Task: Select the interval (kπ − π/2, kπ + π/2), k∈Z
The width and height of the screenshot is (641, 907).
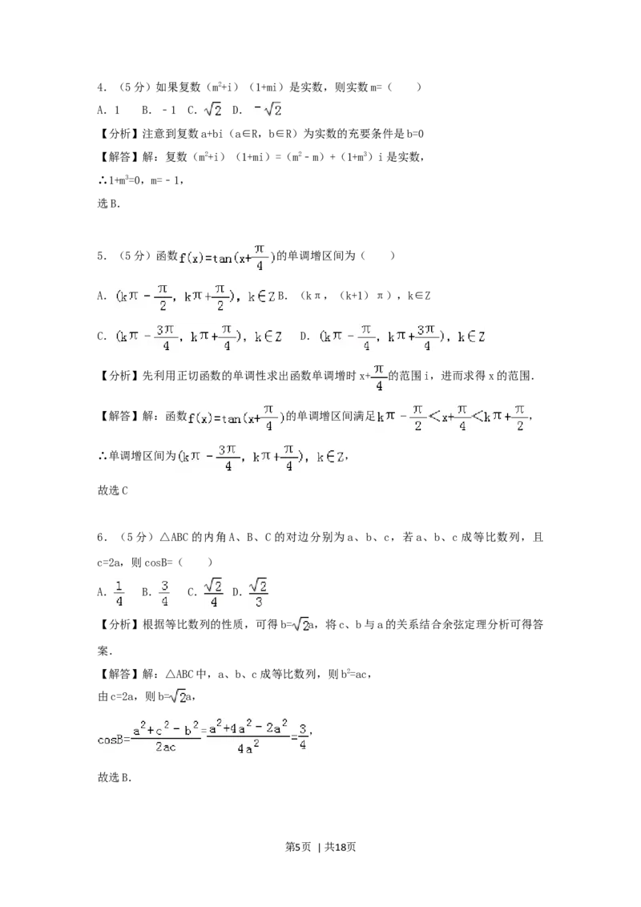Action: click(x=196, y=297)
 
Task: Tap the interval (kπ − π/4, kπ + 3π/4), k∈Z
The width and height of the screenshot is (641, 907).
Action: click(x=402, y=337)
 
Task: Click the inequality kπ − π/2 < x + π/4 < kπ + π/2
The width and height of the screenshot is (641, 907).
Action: click(x=452, y=417)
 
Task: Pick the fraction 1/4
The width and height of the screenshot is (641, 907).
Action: click(x=119, y=592)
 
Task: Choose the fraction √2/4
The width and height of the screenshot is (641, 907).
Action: click(x=212, y=592)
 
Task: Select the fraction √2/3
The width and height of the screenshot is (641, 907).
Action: click(x=257, y=592)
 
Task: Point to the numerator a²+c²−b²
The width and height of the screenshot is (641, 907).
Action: click(x=165, y=731)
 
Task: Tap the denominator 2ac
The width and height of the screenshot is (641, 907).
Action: click(x=166, y=747)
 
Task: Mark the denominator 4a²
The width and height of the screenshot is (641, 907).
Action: click(x=248, y=748)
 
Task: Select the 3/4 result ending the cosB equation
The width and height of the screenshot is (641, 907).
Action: click(x=302, y=736)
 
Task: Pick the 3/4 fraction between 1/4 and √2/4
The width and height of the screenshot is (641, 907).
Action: click(x=163, y=592)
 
